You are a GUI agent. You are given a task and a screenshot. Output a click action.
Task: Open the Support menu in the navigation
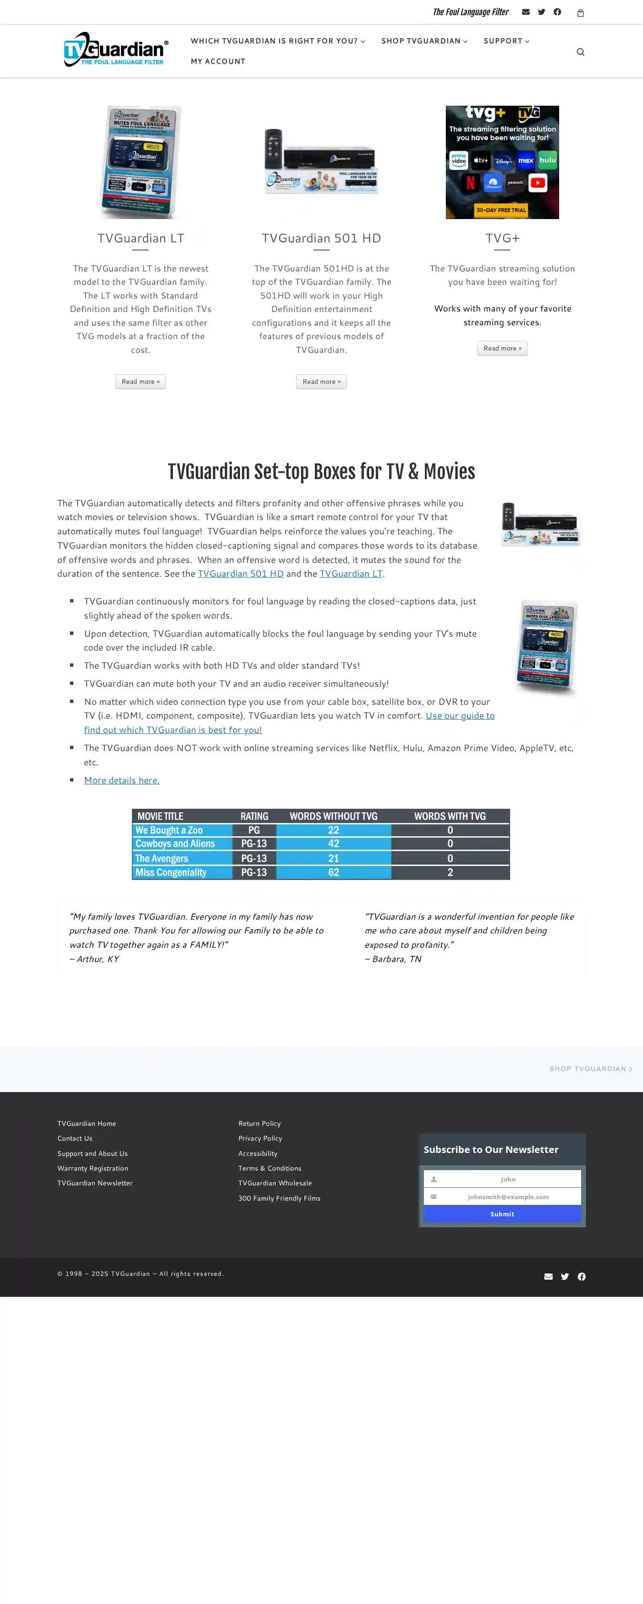506,41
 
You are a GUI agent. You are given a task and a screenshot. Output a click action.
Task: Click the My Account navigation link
218,61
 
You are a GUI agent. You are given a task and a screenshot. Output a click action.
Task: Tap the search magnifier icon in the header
580,52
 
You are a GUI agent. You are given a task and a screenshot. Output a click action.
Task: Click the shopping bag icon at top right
580,13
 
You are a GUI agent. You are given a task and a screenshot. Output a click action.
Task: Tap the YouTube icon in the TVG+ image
538,182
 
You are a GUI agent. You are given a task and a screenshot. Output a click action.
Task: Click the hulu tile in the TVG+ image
548,160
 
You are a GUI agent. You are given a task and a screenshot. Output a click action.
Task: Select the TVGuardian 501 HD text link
240,574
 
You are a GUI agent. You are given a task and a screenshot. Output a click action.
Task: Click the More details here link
121,780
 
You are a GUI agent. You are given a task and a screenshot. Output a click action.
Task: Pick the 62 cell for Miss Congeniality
333,872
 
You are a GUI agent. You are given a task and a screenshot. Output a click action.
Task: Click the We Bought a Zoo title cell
182,830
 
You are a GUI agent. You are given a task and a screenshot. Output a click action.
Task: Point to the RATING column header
254,816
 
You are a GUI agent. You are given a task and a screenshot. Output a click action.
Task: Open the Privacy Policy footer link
260,1138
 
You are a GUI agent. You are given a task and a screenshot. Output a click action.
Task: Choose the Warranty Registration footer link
93,1169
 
